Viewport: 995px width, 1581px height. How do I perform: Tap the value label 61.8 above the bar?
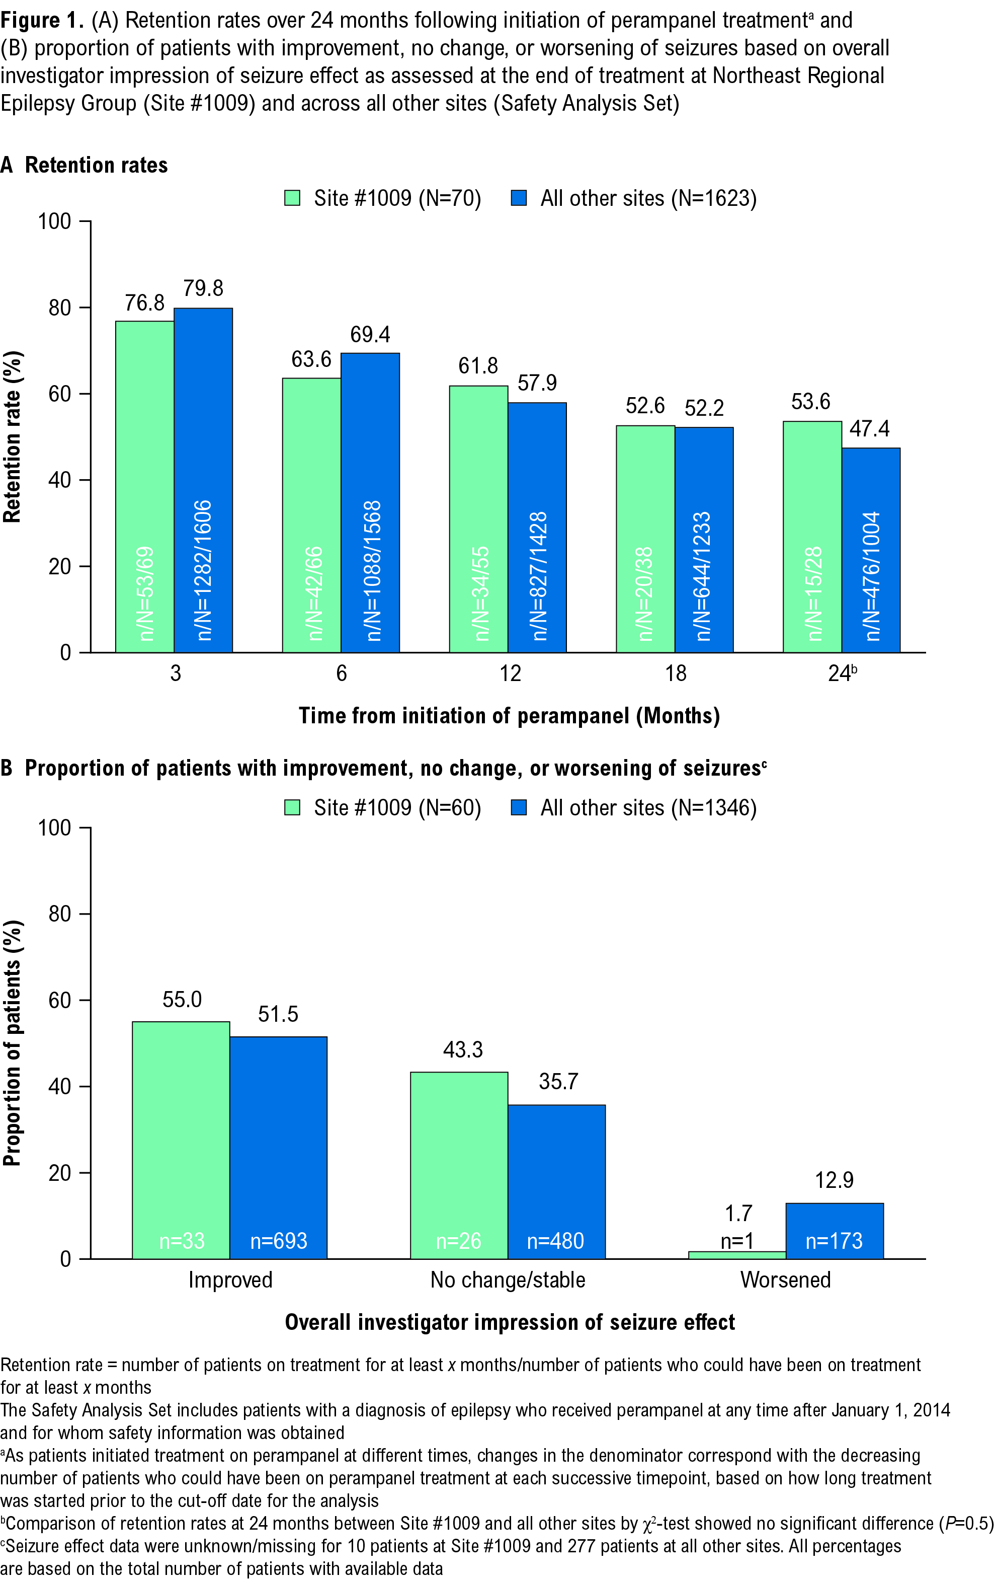click(478, 366)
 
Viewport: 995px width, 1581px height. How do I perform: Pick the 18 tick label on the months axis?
click(676, 673)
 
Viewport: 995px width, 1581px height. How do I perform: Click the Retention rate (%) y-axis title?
click(13, 436)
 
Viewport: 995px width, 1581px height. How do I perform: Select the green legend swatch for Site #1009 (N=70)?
click(292, 198)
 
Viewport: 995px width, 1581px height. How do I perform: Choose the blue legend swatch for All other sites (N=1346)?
click(519, 807)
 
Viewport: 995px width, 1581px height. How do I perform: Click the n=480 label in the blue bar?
click(555, 1240)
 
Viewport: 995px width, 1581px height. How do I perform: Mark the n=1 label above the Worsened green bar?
click(737, 1240)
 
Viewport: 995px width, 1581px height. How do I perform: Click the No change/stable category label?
click(508, 1279)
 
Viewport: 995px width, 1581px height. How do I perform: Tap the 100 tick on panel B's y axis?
click(54, 827)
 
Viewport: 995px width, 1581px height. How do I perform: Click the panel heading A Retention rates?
click(84, 165)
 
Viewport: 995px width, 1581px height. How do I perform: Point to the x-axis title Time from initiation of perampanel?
click(509, 715)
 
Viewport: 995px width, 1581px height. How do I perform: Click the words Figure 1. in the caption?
click(42, 20)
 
